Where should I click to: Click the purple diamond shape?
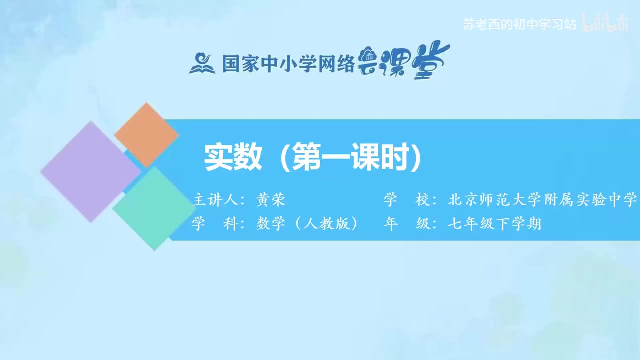click(x=90, y=171)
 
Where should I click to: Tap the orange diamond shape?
click(x=146, y=135)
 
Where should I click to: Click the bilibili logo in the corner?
click(x=606, y=24)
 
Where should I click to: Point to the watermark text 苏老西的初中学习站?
click(x=520, y=24)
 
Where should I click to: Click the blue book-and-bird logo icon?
click(x=202, y=63)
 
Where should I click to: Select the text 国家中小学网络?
click(x=288, y=64)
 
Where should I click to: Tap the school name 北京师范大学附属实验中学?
click(x=543, y=200)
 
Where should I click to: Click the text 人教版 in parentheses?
click(x=326, y=224)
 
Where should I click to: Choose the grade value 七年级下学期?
click(x=494, y=224)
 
